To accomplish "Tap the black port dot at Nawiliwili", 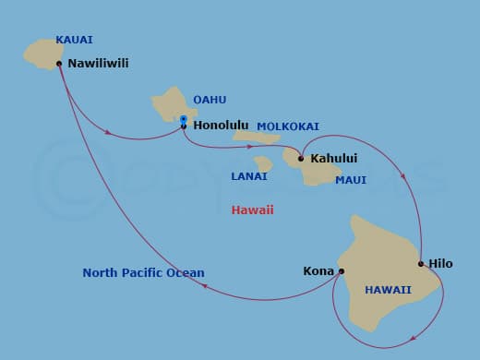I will coord(60,64).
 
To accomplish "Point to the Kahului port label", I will coord(334,159).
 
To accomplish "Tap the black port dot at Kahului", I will coord(301,159).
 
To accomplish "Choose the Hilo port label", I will coord(440,264).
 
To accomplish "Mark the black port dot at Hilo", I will coord(421,264).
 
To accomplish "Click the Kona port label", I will coord(318,271).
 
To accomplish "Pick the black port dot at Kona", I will coord(342,271).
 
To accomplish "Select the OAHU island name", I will coord(210,100).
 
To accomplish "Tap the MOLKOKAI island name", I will coord(287,126).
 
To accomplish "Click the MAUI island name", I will coord(351,180).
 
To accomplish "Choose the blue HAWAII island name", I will coord(388,289).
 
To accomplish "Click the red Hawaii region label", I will coord(252,210).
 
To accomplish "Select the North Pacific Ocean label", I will coord(143,273).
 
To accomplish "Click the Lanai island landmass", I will coord(263,164).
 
